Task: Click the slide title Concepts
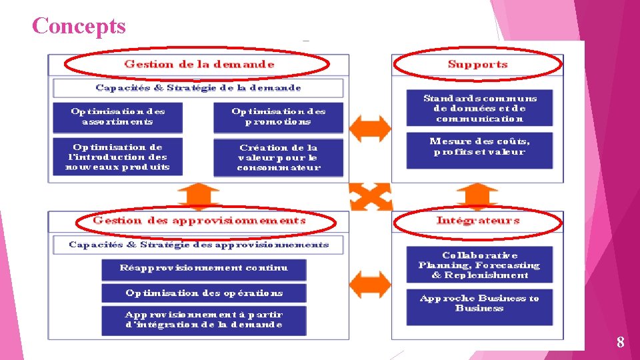pos(78,26)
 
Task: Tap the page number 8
pos(620,343)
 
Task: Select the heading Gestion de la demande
pos(199,65)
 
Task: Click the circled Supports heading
pos(477,65)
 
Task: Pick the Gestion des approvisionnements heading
pos(199,221)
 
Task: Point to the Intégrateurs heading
pos(477,221)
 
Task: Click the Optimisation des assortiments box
pos(117,116)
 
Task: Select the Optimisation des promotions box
pos(278,116)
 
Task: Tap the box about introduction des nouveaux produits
pos(117,157)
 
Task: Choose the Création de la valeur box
pos(278,158)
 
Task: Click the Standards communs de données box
pos(479,108)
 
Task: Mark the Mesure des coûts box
pos(479,147)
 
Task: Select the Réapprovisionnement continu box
pos(203,268)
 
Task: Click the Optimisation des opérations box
pos(203,293)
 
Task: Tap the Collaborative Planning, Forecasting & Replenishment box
pos(479,265)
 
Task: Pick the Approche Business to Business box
pos(479,303)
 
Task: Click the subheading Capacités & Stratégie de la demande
pos(198,88)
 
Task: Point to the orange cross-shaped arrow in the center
pos(370,197)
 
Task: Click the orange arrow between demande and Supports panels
pos(370,129)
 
